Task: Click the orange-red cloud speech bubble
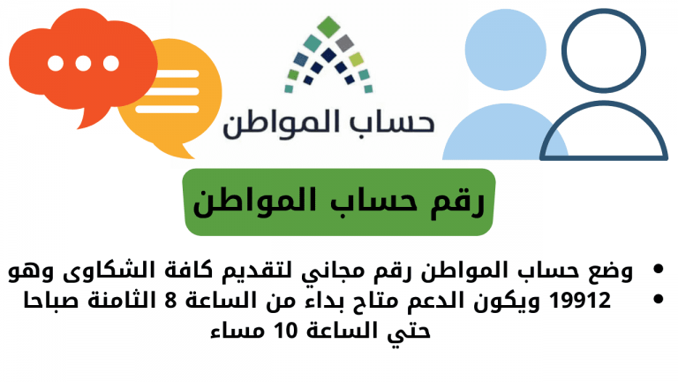[82, 61]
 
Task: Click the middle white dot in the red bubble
[84, 64]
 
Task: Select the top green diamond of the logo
[328, 27]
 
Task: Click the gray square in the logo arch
[344, 42]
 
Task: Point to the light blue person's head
[506, 50]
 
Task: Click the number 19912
[579, 300]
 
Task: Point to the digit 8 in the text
[170, 300]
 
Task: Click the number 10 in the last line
[286, 331]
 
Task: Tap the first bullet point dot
[658, 269]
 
